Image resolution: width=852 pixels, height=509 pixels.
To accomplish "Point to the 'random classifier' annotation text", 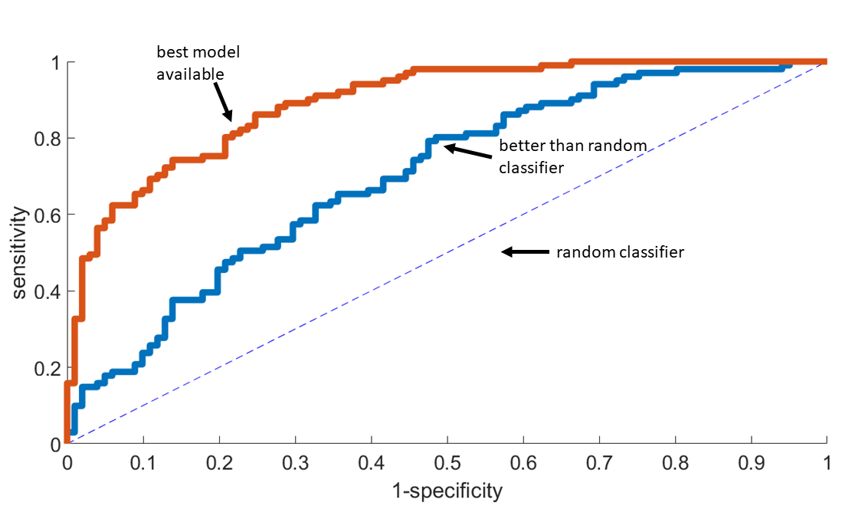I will (x=620, y=251).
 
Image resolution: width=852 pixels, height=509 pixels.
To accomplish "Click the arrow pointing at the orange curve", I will (x=222, y=102).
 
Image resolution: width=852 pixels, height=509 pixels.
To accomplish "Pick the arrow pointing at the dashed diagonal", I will (x=526, y=251).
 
